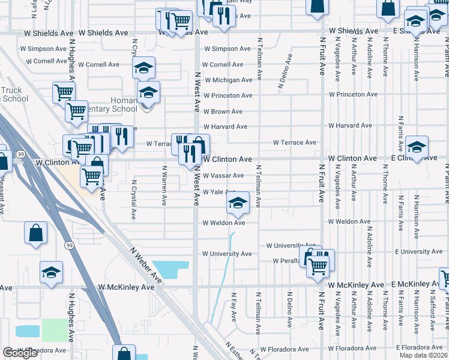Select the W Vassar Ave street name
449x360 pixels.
[x=223, y=176]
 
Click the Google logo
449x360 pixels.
[x=20, y=353]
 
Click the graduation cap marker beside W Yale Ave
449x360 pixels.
[x=238, y=204]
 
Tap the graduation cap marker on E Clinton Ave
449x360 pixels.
[x=417, y=147]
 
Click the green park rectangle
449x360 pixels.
[x=55, y=330]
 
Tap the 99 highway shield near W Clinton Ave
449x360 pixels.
[x=22, y=154]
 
